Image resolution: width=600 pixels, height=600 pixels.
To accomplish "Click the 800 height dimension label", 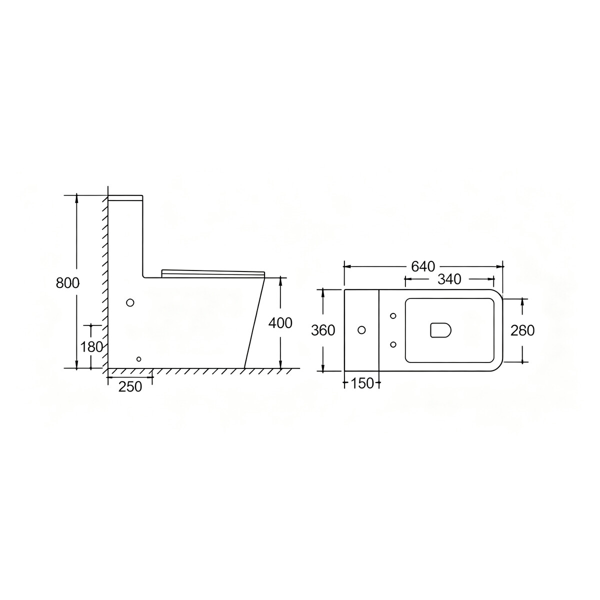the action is (x=67, y=283).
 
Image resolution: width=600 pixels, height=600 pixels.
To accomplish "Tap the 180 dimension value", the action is (x=91, y=346).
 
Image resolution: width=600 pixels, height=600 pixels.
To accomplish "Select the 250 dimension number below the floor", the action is (x=130, y=386).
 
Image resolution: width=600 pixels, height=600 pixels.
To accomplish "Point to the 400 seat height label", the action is (x=280, y=323).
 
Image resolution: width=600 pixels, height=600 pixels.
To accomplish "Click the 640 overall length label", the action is (x=423, y=266).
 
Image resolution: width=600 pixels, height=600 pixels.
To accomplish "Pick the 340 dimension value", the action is (x=449, y=279).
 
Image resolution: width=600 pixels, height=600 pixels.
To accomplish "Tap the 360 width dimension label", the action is (x=323, y=330).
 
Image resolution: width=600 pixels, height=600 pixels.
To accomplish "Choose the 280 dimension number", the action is (x=522, y=330).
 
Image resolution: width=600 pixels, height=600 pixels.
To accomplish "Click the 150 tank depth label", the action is (x=362, y=383).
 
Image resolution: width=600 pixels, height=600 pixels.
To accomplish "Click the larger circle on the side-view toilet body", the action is (x=130, y=302).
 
